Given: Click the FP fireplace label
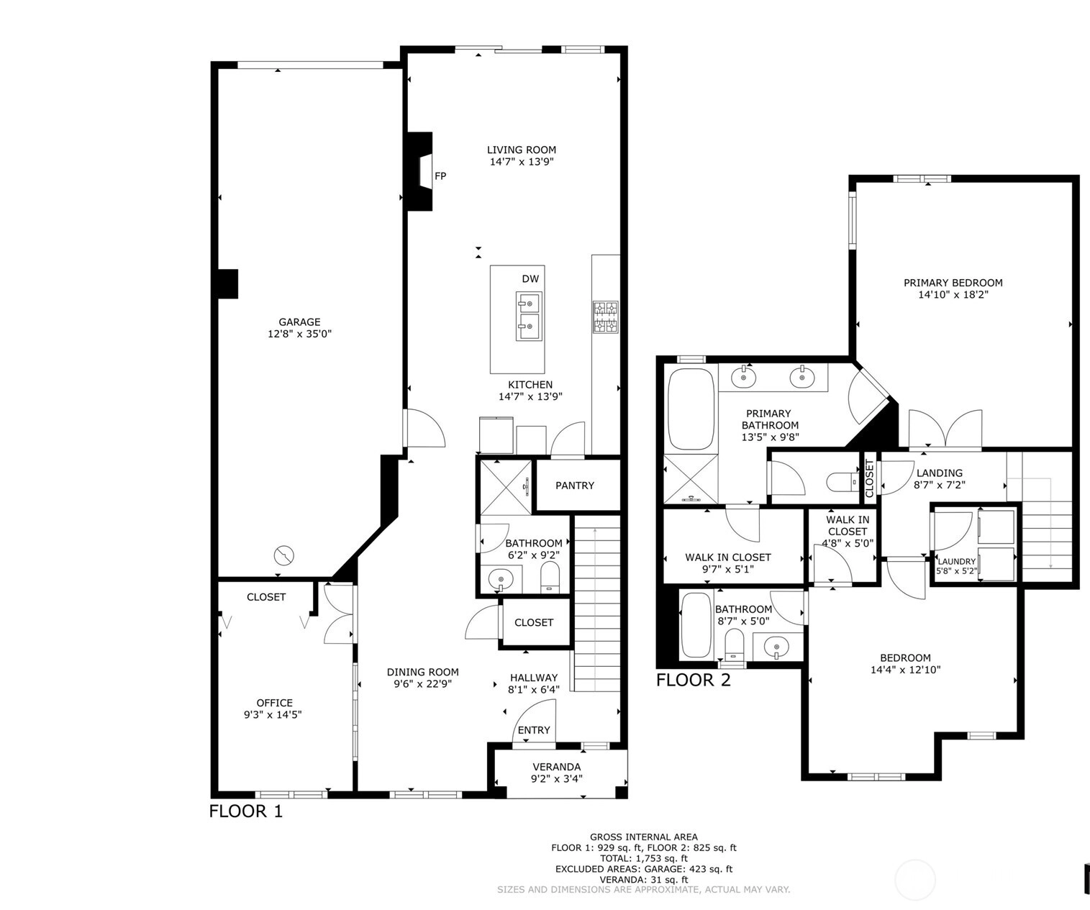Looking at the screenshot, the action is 440,176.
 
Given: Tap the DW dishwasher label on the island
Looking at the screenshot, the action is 530,279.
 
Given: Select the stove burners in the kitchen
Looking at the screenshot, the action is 606,317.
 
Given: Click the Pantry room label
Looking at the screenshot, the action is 575,486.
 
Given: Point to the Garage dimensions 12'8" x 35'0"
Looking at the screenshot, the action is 299,334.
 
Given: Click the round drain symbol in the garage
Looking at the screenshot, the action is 284,555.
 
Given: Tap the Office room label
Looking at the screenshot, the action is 275,703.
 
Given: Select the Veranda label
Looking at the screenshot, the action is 556,767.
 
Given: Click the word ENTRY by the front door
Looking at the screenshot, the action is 534,730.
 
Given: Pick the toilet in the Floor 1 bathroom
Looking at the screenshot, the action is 549,577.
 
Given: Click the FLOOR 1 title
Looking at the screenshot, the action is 246,811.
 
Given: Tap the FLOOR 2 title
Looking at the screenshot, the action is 694,681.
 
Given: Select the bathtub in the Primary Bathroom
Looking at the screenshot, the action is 691,409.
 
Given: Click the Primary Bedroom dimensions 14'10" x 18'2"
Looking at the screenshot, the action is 953,294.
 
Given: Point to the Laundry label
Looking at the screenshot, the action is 956,562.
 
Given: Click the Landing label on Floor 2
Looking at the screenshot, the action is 939,473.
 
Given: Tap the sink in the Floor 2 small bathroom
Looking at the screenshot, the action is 777,647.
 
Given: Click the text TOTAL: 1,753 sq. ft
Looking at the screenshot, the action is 644,858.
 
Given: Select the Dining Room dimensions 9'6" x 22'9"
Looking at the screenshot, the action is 423,684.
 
